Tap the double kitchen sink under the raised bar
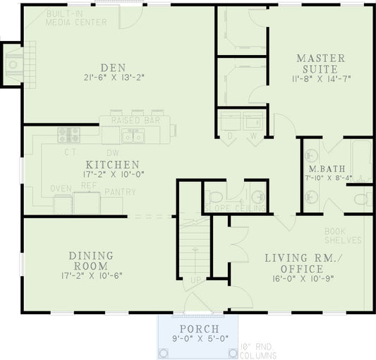[x=135, y=136]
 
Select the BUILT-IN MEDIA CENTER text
[x=75, y=18]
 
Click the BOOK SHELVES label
[x=343, y=236]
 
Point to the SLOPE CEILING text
[x=235, y=208]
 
